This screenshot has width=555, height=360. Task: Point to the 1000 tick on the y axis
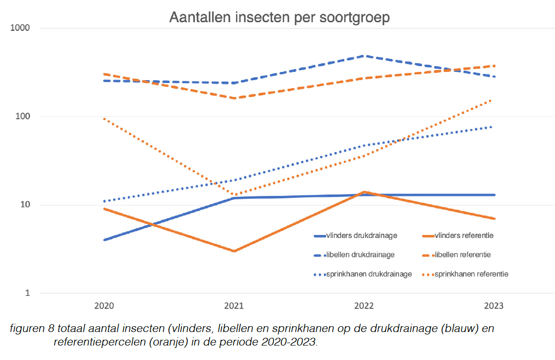coord(21,28)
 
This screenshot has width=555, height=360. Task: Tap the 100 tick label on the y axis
coord(23,116)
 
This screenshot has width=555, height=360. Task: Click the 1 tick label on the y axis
coord(27,293)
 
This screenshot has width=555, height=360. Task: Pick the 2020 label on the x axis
coord(104,305)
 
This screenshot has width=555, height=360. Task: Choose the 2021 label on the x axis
coord(234,305)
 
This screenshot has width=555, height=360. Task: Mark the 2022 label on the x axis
coord(364,305)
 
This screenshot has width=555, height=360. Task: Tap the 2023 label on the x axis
coord(494,305)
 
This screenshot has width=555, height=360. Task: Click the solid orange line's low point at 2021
coord(234,251)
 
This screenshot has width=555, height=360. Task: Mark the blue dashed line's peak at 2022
coord(364,56)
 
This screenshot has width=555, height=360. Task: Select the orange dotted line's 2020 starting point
coord(104,118)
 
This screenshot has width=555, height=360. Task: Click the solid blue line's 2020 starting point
coord(104,240)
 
